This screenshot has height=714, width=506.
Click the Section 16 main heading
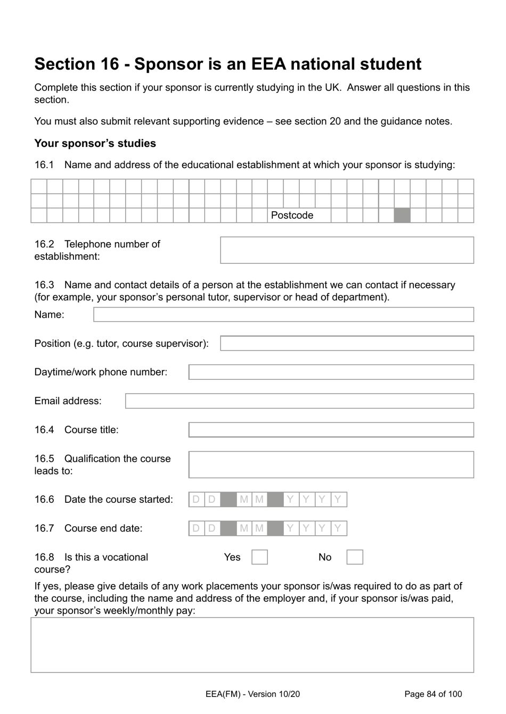[227, 64]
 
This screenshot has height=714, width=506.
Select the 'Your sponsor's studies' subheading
[95, 143]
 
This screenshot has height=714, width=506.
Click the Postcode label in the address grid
[292, 215]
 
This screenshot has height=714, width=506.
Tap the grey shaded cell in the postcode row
[402, 215]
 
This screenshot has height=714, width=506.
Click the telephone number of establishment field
[347, 250]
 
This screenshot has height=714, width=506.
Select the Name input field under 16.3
[283, 314]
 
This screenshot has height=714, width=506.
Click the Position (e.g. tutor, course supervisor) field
[347, 343]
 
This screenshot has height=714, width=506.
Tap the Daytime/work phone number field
[331, 372]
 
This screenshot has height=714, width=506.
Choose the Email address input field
[299, 401]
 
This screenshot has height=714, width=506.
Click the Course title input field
[331, 430]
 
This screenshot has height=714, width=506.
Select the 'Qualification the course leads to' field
[331, 464]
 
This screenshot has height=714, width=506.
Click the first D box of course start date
[197, 500]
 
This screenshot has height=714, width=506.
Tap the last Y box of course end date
[338, 528]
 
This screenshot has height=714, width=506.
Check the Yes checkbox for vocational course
[259, 557]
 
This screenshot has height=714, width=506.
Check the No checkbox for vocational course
[355, 557]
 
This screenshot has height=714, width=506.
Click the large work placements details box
[252, 645]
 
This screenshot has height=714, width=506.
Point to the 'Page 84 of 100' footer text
[433, 694]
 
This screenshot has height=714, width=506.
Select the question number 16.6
[44, 500]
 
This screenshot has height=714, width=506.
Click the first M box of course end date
[244, 528]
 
